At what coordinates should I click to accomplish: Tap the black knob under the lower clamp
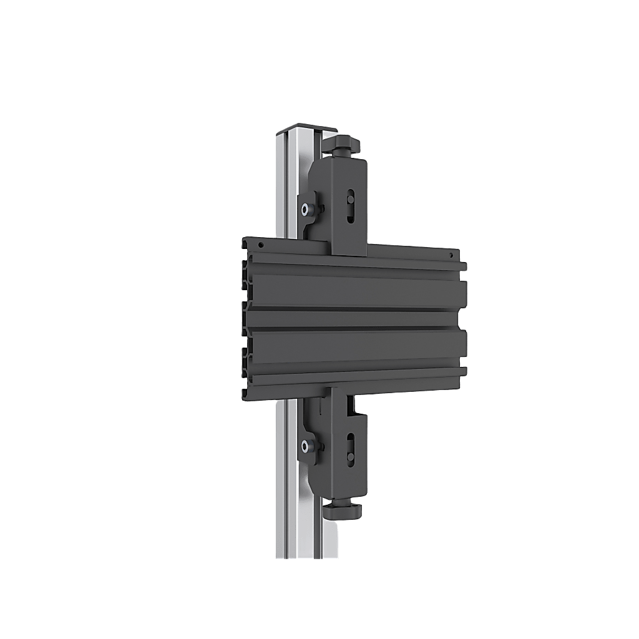click(343, 509)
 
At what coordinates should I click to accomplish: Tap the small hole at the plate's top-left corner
click(255, 245)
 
